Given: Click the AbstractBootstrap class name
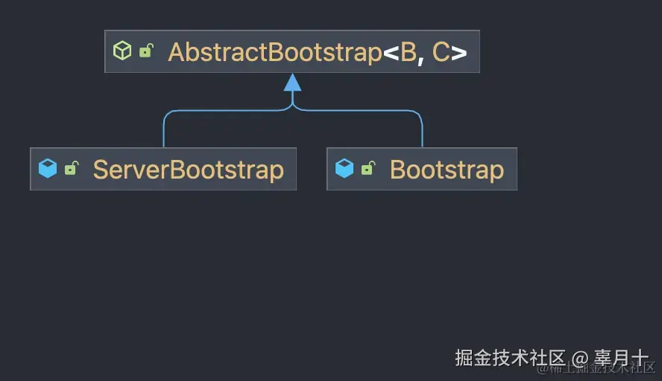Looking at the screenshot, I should pyautogui.click(x=274, y=52).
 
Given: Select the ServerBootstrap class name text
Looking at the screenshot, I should pyautogui.click(x=188, y=170).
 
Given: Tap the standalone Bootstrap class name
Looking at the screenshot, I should pyautogui.click(x=447, y=170).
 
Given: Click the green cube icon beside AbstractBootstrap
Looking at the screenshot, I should pyautogui.click(x=122, y=51).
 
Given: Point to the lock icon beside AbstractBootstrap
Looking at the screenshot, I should pyautogui.click(x=146, y=51).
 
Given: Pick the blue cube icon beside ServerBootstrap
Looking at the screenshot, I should pyautogui.click(x=48, y=169).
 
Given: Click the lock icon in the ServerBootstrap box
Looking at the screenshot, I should pyautogui.click(x=71, y=169).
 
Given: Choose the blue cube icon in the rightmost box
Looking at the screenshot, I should pyautogui.click(x=344, y=169).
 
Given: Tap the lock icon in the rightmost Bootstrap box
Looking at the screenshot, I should pyautogui.click(x=368, y=169).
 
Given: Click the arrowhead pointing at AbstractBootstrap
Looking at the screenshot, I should pyautogui.click(x=292, y=82).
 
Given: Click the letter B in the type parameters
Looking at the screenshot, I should pyautogui.click(x=409, y=52).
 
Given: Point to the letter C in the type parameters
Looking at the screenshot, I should pyautogui.click(x=441, y=52).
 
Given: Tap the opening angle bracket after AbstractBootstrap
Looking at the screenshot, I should pyautogui.click(x=391, y=53).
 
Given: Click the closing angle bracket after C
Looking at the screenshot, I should pyautogui.click(x=459, y=53).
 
